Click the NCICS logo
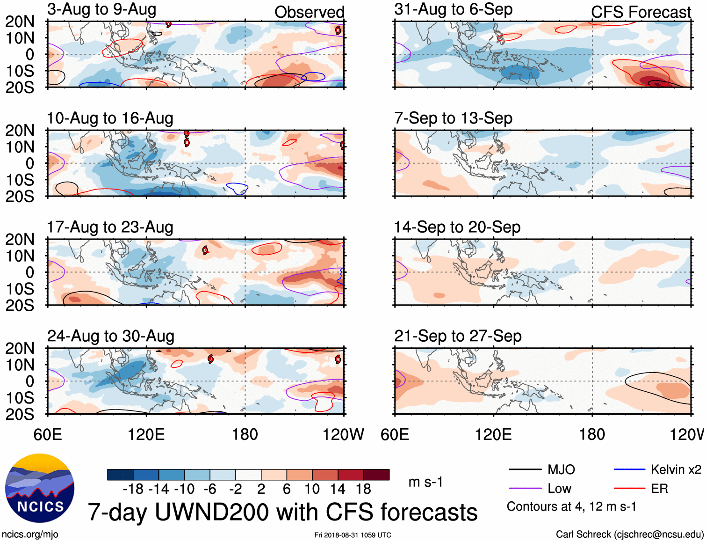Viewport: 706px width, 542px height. [x=40, y=488]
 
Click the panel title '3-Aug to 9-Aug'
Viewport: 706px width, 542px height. [x=101, y=9]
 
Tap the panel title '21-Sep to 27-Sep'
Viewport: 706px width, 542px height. [x=458, y=336]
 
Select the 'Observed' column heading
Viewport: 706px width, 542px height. [x=309, y=12]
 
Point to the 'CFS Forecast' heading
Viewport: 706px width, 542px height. [x=641, y=12]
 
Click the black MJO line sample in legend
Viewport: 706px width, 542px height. [x=525, y=469]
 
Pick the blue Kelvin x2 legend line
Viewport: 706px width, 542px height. [x=629, y=469]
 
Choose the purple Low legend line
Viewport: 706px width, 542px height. [x=525, y=489]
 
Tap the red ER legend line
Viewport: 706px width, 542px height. [x=629, y=489]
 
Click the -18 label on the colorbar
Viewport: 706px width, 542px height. [x=133, y=489]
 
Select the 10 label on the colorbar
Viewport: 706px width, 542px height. [x=312, y=489]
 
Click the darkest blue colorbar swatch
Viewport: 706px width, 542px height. [x=120, y=475]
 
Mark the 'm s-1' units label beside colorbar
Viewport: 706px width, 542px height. [x=425, y=482]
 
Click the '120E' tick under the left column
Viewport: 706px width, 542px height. [x=146, y=434]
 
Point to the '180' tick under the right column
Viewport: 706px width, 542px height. [x=592, y=434]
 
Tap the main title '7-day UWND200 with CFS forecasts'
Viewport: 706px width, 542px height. [x=282, y=512]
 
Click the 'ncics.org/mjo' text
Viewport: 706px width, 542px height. [x=30, y=535]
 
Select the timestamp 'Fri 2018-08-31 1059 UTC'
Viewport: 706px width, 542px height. [x=353, y=535]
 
